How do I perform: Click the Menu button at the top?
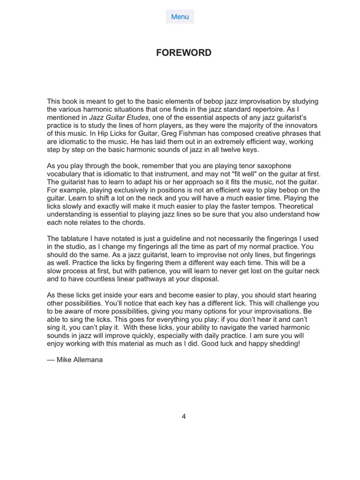click(x=180, y=17)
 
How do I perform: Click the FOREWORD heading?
click(x=184, y=53)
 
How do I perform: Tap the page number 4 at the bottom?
click(x=184, y=416)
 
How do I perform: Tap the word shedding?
click(x=282, y=343)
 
